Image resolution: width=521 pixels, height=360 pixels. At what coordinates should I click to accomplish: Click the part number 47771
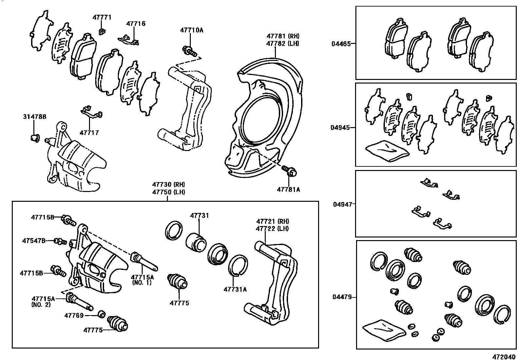coord(102,17)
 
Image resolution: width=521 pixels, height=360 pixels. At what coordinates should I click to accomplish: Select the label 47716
coord(136,24)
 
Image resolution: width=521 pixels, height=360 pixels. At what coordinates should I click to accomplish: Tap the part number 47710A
coord(191,30)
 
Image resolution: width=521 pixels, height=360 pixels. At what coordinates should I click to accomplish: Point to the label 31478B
coord(35,117)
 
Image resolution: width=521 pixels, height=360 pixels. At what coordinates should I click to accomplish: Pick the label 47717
coord(89,133)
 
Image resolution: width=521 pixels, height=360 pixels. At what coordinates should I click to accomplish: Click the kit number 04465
coord(341,43)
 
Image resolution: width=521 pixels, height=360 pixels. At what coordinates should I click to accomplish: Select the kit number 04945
coord(341,127)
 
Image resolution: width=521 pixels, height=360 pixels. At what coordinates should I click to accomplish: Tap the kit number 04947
coord(343,204)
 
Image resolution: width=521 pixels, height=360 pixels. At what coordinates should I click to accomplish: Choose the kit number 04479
coord(342,297)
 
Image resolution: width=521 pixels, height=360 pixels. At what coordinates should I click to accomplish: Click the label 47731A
coord(235,289)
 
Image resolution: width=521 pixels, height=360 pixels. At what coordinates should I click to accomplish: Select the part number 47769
coord(74,315)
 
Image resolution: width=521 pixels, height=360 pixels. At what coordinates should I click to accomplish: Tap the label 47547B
coord(34,241)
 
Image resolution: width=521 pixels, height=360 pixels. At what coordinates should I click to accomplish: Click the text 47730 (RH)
coord(168,185)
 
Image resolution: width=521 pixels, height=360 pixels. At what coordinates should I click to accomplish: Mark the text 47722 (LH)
coord(273,229)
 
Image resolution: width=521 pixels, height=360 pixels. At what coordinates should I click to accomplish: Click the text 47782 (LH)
coord(282,43)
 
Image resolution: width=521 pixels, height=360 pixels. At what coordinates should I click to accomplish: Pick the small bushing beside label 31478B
coord(35,137)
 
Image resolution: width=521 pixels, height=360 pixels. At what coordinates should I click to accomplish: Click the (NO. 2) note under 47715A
coord(41,305)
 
